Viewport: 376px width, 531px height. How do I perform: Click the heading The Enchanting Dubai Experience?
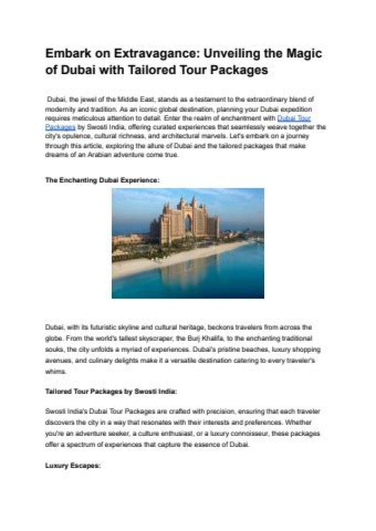pyautogui.click(x=102, y=179)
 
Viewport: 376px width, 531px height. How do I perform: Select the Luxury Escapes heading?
pyautogui.click(x=73, y=465)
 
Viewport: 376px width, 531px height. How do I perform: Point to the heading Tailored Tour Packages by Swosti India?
pyautogui.click(x=111, y=391)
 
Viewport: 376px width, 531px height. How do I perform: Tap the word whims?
pyautogui.click(x=55, y=372)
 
